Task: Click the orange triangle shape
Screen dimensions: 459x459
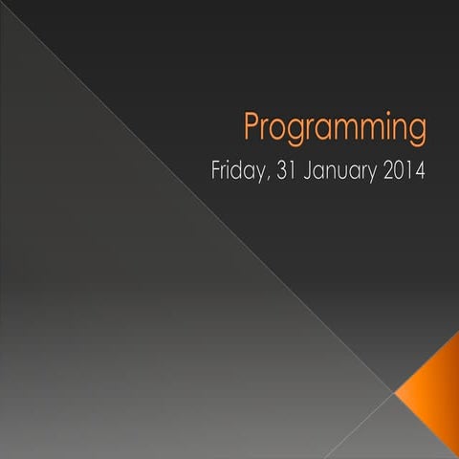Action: [x=433, y=382]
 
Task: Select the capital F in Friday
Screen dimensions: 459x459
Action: [x=215, y=173]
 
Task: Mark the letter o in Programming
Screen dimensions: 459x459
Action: [x=281, y=130]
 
